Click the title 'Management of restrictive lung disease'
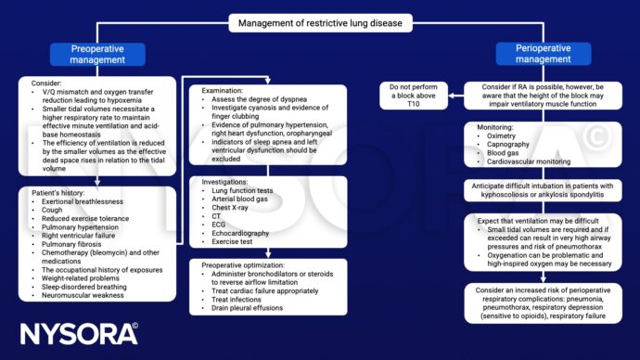pyautogui.click(x=321, y=23)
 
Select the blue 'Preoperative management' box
pyautogui.click(x=97, y=54)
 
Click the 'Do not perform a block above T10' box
pyautogui.click(x=415, y=93)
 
